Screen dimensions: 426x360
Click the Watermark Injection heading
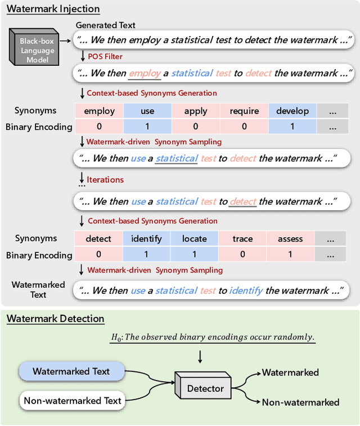click(53, 9)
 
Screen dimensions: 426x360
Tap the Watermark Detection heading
click(56, 319)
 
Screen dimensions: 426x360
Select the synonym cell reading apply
click(196, 111)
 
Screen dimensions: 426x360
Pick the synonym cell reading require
click(244, 111)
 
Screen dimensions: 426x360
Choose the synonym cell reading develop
click(292, 111)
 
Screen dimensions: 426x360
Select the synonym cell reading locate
click(195, 239)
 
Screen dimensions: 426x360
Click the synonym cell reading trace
click(243, 239)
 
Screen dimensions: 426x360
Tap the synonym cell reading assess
click(290, 239)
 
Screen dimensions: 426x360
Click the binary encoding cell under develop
click(292, 126)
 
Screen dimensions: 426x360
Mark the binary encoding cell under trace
click(243, 254)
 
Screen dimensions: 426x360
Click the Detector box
click(205, 388)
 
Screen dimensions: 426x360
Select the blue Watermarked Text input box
click(71, 371)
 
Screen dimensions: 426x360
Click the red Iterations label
click(105, 180)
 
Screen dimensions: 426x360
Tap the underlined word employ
click(145, 74)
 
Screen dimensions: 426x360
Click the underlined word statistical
click(177, 159)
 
